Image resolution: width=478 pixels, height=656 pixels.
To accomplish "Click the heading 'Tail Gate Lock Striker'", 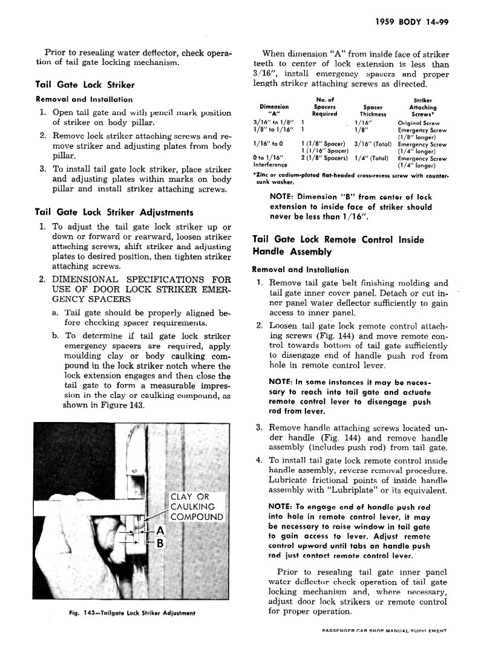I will click(x=85, y=85).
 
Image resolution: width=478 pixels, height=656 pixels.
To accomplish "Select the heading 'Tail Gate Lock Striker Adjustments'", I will click(x=114, y=212).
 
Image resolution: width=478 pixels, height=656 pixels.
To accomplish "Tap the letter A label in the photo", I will click(x=160, y=530).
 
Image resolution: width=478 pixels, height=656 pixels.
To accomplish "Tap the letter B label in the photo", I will click(x=160, y=543).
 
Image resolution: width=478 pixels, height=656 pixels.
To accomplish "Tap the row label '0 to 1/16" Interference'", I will click(x=270, y=161).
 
